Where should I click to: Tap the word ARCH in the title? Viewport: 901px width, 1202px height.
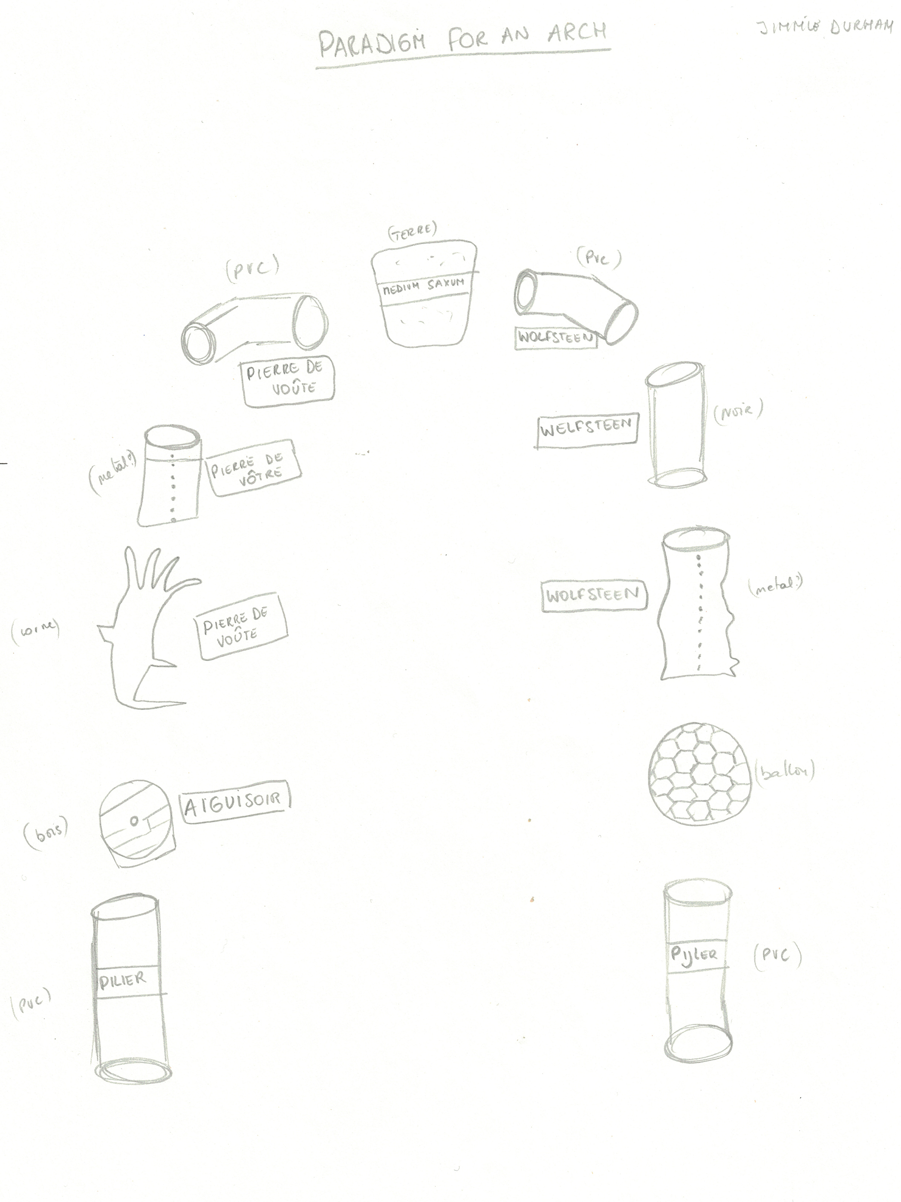tap(577, 34)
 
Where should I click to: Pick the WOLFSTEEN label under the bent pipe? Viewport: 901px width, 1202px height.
tap(555, 337)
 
